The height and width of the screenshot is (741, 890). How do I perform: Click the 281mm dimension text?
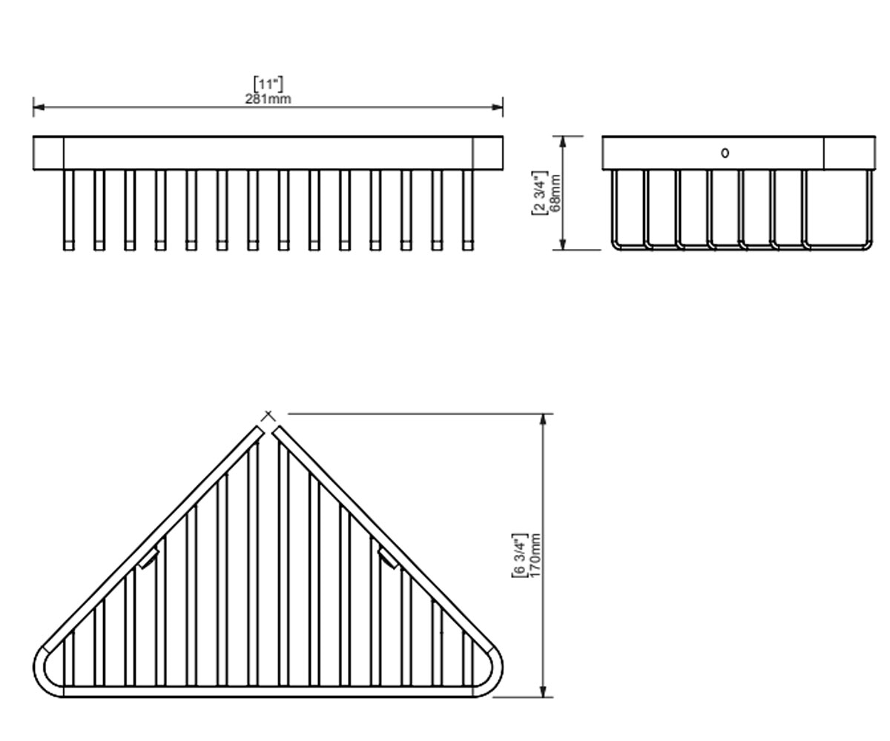click(268, 99)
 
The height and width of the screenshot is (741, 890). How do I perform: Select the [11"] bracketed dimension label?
click(268, 84)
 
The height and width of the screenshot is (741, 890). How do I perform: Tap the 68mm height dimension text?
click(555, 193)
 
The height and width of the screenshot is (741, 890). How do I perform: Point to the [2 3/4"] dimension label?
click(539, 193)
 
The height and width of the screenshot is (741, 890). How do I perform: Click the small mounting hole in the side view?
click(725, 153)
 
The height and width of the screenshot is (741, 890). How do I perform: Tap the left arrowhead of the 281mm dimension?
click(39, 107)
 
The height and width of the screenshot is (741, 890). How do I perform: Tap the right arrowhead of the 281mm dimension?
click(498, 107)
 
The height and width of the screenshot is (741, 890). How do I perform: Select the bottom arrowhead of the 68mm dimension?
click(563, 245)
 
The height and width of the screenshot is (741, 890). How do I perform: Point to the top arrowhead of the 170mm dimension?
click(543, 419)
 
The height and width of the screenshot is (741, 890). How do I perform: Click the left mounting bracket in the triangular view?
click(149, 559)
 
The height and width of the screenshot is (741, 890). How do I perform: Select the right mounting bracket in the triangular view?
click(388, 559)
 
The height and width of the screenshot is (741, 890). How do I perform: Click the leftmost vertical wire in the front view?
click(69, 210)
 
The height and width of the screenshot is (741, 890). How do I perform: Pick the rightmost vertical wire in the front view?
click(467, 210)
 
